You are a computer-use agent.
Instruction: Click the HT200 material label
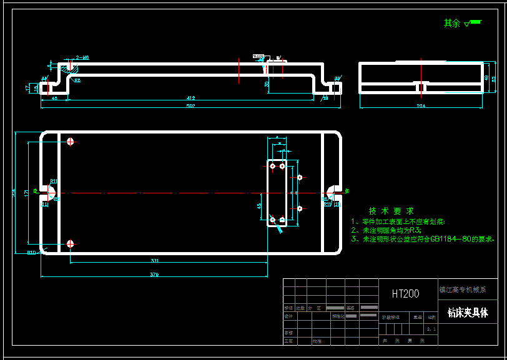coord(405,293)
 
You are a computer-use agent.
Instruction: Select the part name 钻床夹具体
coord(468,313)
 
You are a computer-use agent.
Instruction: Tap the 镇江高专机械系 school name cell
coord(463,289)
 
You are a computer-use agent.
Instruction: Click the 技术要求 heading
coord(391,211)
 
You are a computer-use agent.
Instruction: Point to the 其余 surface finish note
coord(451,23)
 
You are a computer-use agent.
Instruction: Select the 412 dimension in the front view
coord(190,98)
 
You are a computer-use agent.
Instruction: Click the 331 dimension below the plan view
coord(154,260)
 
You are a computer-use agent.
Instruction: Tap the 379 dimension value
coord(154,275)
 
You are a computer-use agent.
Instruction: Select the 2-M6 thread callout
coord(82,57)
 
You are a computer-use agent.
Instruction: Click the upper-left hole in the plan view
coord(71,142)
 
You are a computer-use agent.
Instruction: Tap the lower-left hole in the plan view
coord(71,243)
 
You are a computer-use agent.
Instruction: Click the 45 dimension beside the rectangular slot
coord(259,205)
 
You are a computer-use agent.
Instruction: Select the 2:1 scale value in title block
coord(430,328)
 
